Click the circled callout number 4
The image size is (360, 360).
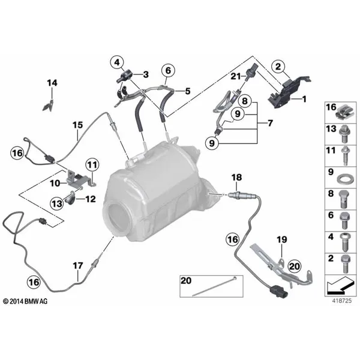117,62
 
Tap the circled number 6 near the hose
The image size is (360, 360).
168,70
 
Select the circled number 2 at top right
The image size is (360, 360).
278,67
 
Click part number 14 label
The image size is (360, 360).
52,83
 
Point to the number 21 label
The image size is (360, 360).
236,76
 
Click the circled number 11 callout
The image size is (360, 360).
92,165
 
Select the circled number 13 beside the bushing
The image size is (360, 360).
57,203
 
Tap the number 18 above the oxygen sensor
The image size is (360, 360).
237,177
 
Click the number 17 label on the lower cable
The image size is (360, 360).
78,266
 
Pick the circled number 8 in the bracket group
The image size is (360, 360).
245,101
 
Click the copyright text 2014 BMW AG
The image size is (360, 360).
25,301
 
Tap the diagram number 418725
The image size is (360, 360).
342,301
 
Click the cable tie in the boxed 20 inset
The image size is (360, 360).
214,286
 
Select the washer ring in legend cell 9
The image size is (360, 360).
344,179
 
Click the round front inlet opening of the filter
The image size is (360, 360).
116,217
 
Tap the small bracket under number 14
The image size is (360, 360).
49,106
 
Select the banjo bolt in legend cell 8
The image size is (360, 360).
343,199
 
